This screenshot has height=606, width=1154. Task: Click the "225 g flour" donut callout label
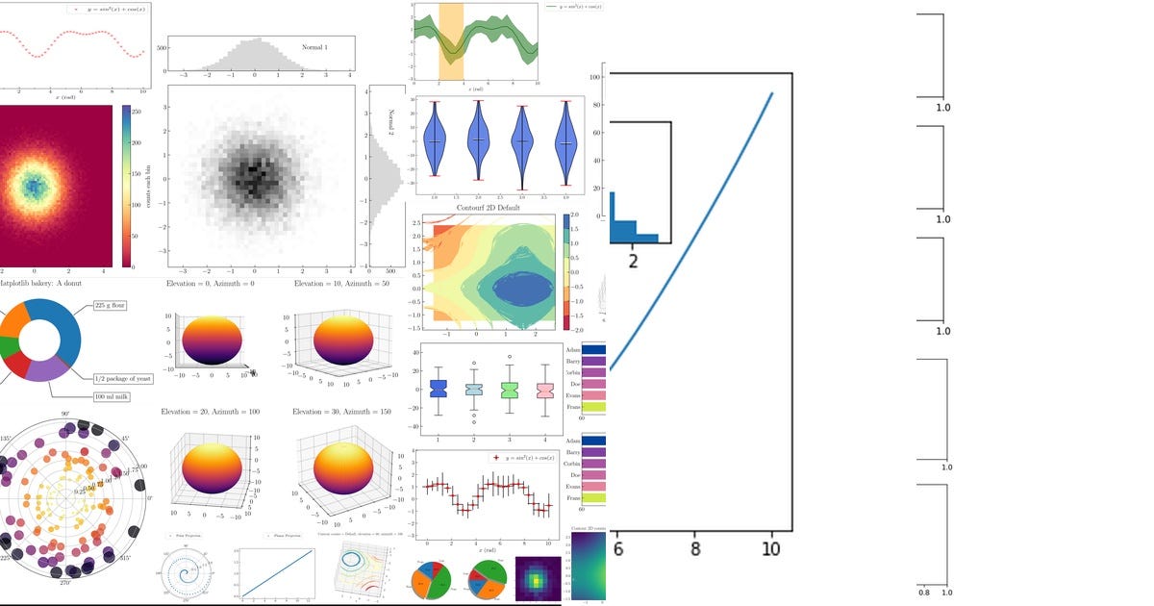point(112,306)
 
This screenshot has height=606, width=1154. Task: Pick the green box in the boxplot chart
point(510,390)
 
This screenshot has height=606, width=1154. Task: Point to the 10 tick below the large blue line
point(769,548)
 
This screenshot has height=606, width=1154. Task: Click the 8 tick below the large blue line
point(694,548)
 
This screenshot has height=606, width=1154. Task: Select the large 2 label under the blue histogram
point(633,260)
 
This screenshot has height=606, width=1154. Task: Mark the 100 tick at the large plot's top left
point(594,77)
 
